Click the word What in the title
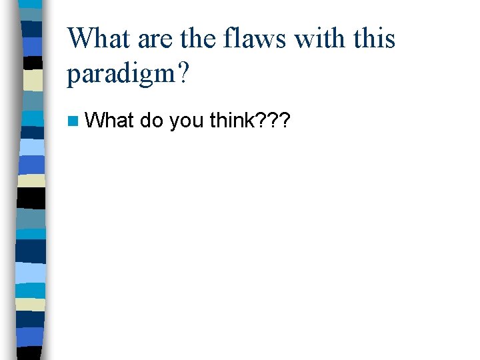(99, 38)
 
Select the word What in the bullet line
(110, 121)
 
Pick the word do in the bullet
(152, 121)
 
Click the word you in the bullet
(187, 123)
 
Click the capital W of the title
(80, 38)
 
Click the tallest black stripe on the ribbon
(31, 199)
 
